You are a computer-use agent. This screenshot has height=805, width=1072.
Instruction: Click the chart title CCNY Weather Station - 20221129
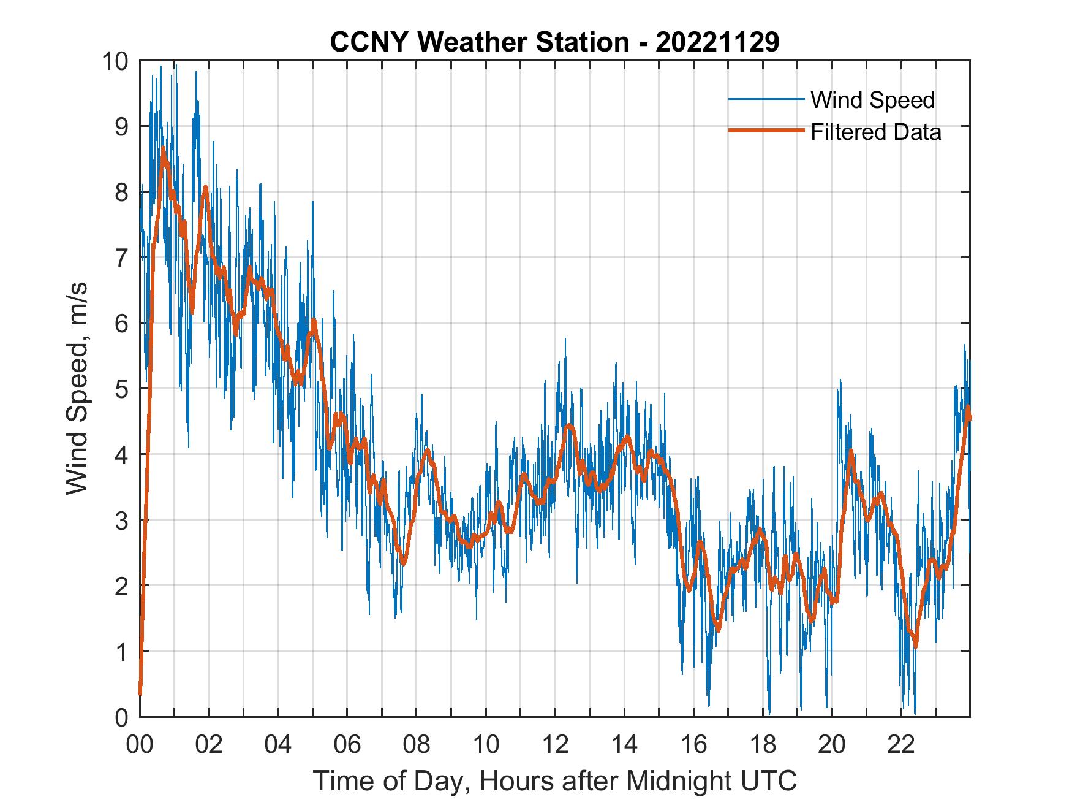554,42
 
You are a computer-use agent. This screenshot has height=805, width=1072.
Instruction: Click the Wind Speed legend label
872,100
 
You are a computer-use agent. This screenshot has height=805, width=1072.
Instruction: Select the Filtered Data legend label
875,132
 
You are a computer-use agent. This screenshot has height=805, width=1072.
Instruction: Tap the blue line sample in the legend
766,99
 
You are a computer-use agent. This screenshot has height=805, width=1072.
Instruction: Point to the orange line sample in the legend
766,131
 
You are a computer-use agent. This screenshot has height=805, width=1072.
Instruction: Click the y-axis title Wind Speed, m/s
77,388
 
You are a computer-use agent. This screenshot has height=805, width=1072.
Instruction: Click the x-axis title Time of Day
554,781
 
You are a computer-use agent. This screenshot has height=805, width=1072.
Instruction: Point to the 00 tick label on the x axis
140,746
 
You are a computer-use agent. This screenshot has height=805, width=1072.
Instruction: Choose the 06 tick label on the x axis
347,746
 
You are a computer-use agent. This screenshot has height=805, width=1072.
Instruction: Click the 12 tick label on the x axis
555,746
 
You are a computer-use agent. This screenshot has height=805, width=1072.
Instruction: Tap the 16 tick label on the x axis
693,746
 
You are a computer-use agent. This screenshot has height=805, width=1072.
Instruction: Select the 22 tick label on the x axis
901,746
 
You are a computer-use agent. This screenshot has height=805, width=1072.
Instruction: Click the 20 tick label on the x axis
832,746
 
